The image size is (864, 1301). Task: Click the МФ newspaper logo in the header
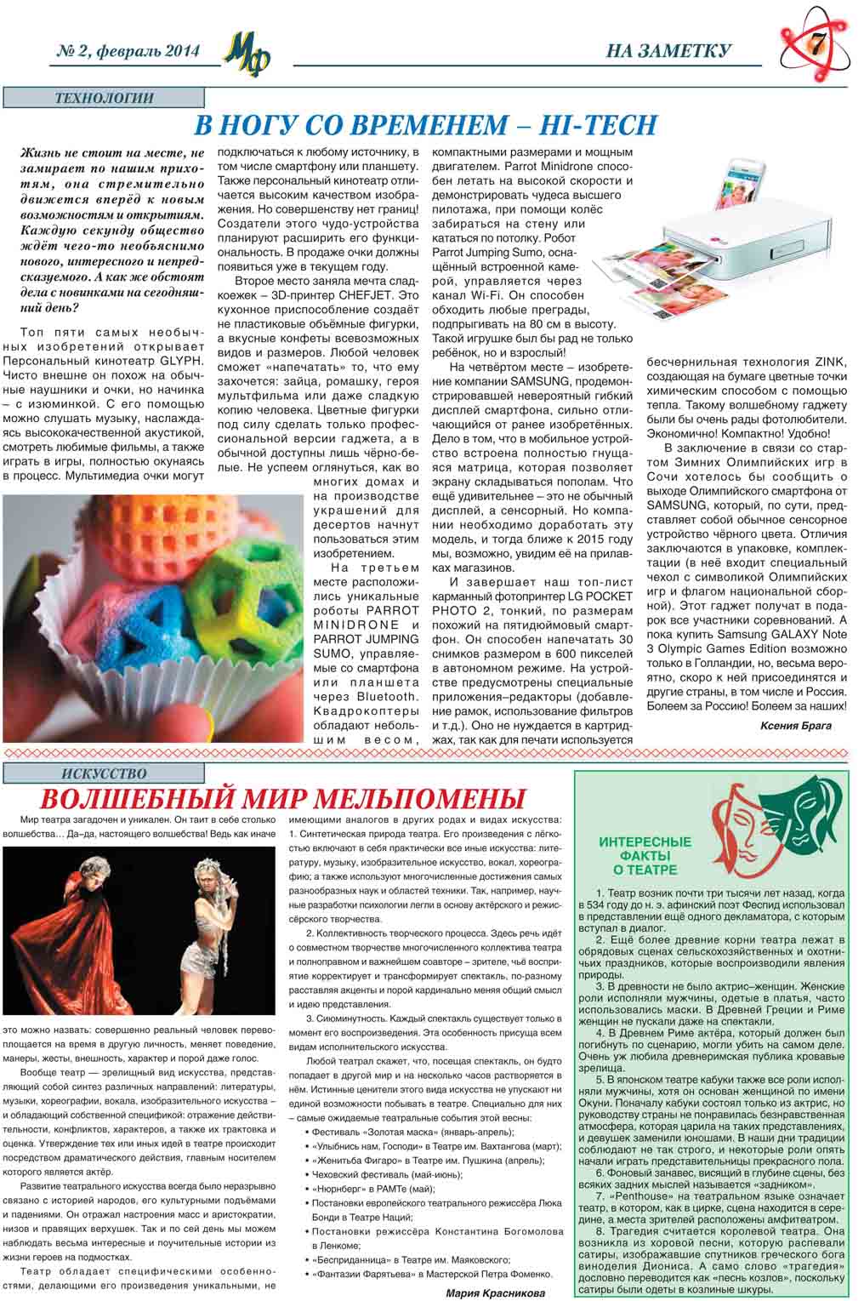[x=247, y=54]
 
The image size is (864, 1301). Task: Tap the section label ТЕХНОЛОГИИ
[x=104, y=98]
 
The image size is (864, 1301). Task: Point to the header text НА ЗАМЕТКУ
[x=668, y=52]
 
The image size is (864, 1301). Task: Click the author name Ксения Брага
[x=795, y=726]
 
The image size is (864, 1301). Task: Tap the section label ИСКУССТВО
[x=104, y=773]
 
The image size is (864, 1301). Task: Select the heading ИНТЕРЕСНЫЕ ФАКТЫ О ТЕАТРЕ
[x=645, y=855]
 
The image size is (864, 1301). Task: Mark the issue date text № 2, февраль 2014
[x=128, y=52]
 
